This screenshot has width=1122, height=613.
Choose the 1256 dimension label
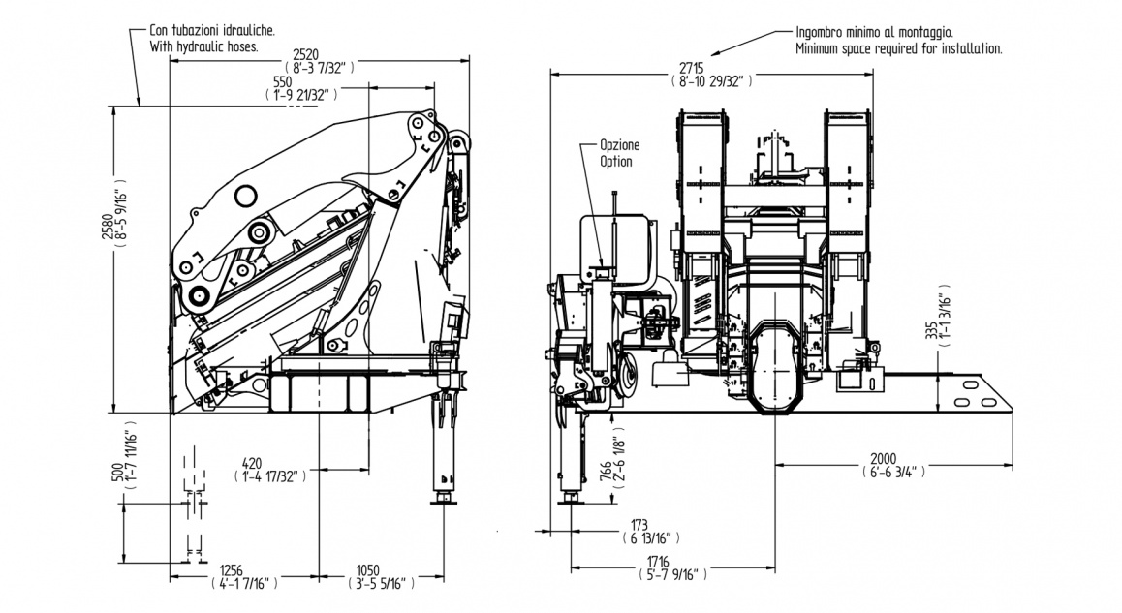pos(234,569)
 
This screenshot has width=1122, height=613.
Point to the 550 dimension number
pos(283,81)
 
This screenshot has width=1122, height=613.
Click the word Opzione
pos(619,144)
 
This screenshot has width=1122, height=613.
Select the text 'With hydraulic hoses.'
pos(203,46)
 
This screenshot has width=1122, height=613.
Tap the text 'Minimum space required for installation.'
pos(898,47)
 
